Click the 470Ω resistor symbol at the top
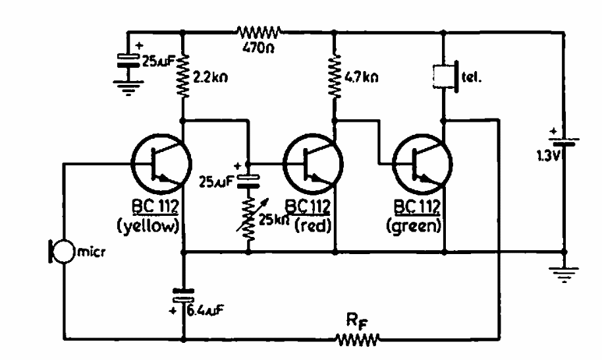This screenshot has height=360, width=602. coord(260,32)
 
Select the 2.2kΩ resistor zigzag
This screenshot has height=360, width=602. coord(183,76)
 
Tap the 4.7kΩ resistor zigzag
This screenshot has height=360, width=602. coord(335,76)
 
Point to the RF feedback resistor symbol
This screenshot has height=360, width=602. coord(358,340)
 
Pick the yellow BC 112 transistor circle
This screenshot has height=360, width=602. coord(161,164)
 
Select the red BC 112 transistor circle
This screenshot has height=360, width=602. coord(313,164)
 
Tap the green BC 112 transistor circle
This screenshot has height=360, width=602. coord(422,164)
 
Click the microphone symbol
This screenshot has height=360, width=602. coord(61,251)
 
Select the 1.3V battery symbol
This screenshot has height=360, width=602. coord(564,141)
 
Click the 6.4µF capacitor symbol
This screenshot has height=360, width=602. coord(183,296)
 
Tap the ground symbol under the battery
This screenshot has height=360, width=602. coord(564,273)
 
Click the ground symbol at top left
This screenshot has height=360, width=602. coord(128,88)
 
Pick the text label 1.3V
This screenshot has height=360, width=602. coord(547,155)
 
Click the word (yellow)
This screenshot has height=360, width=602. coord(149,226)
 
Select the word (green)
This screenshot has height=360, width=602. coord(414,226)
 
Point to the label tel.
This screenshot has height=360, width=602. coord(471,77)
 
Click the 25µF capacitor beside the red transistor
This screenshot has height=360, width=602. coord(248,180)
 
